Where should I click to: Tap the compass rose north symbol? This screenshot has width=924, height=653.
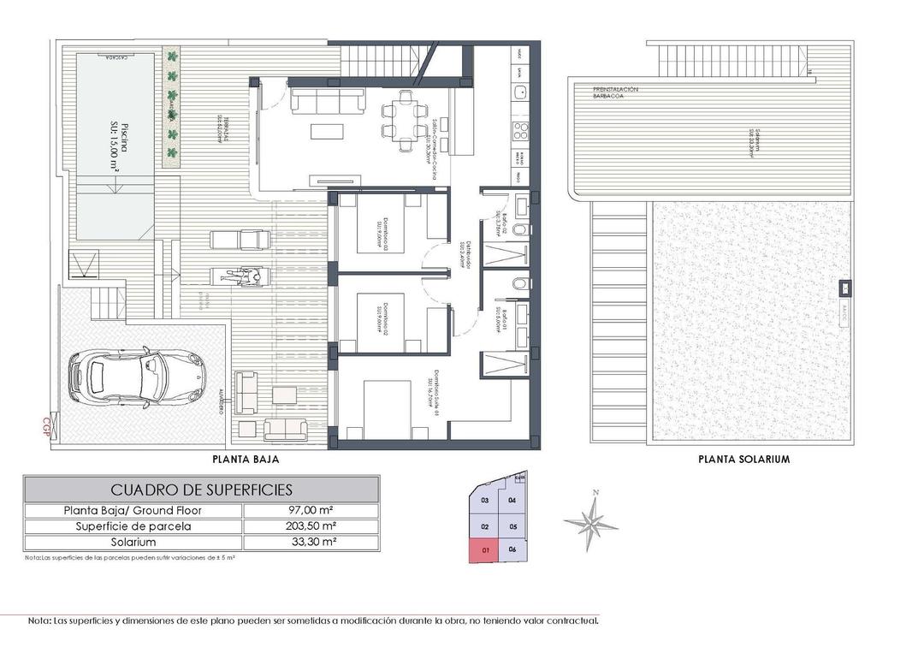click(x=590, y=519)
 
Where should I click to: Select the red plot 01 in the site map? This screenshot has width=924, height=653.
click(x=485, y=550)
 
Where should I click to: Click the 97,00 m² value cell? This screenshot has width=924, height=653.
click(x=311, y=511)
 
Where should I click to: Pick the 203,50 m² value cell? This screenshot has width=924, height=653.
click(x=311, y=526)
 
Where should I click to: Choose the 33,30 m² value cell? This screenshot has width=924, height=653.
click(x=311, y=543)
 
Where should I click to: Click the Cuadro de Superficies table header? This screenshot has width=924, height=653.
click(x=202, y=490)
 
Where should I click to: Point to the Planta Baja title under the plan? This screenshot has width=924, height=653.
click(x=246, y=460)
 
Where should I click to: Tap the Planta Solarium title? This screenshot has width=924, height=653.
click(x=743, y=460)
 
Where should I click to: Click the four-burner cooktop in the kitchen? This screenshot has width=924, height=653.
click(x=519, y=130)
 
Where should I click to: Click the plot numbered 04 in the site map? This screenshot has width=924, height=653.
click(x=512, y=500)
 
